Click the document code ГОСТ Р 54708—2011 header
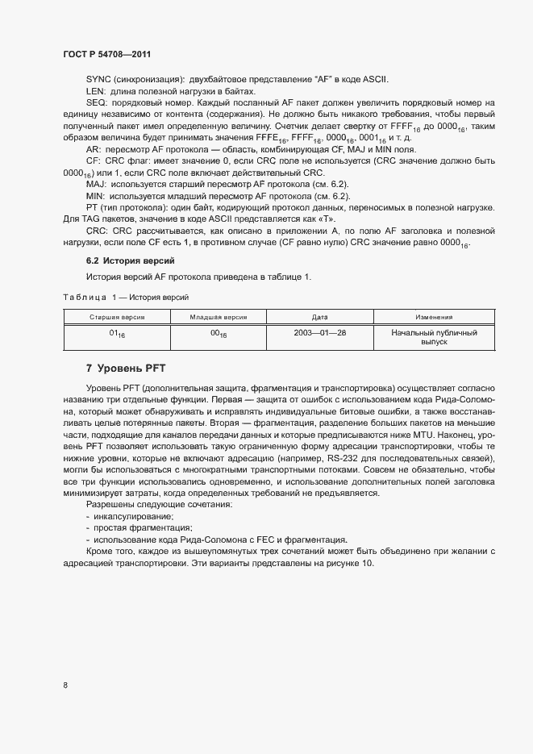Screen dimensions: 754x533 [106, 54]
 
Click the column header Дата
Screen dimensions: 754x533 [319, 318]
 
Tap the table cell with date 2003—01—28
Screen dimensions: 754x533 [319, 332]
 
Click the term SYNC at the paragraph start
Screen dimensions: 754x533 [98, 80]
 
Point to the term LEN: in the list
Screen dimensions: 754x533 [96, 92]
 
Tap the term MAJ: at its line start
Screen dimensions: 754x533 [96, 185]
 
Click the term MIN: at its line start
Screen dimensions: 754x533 [95, 196]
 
